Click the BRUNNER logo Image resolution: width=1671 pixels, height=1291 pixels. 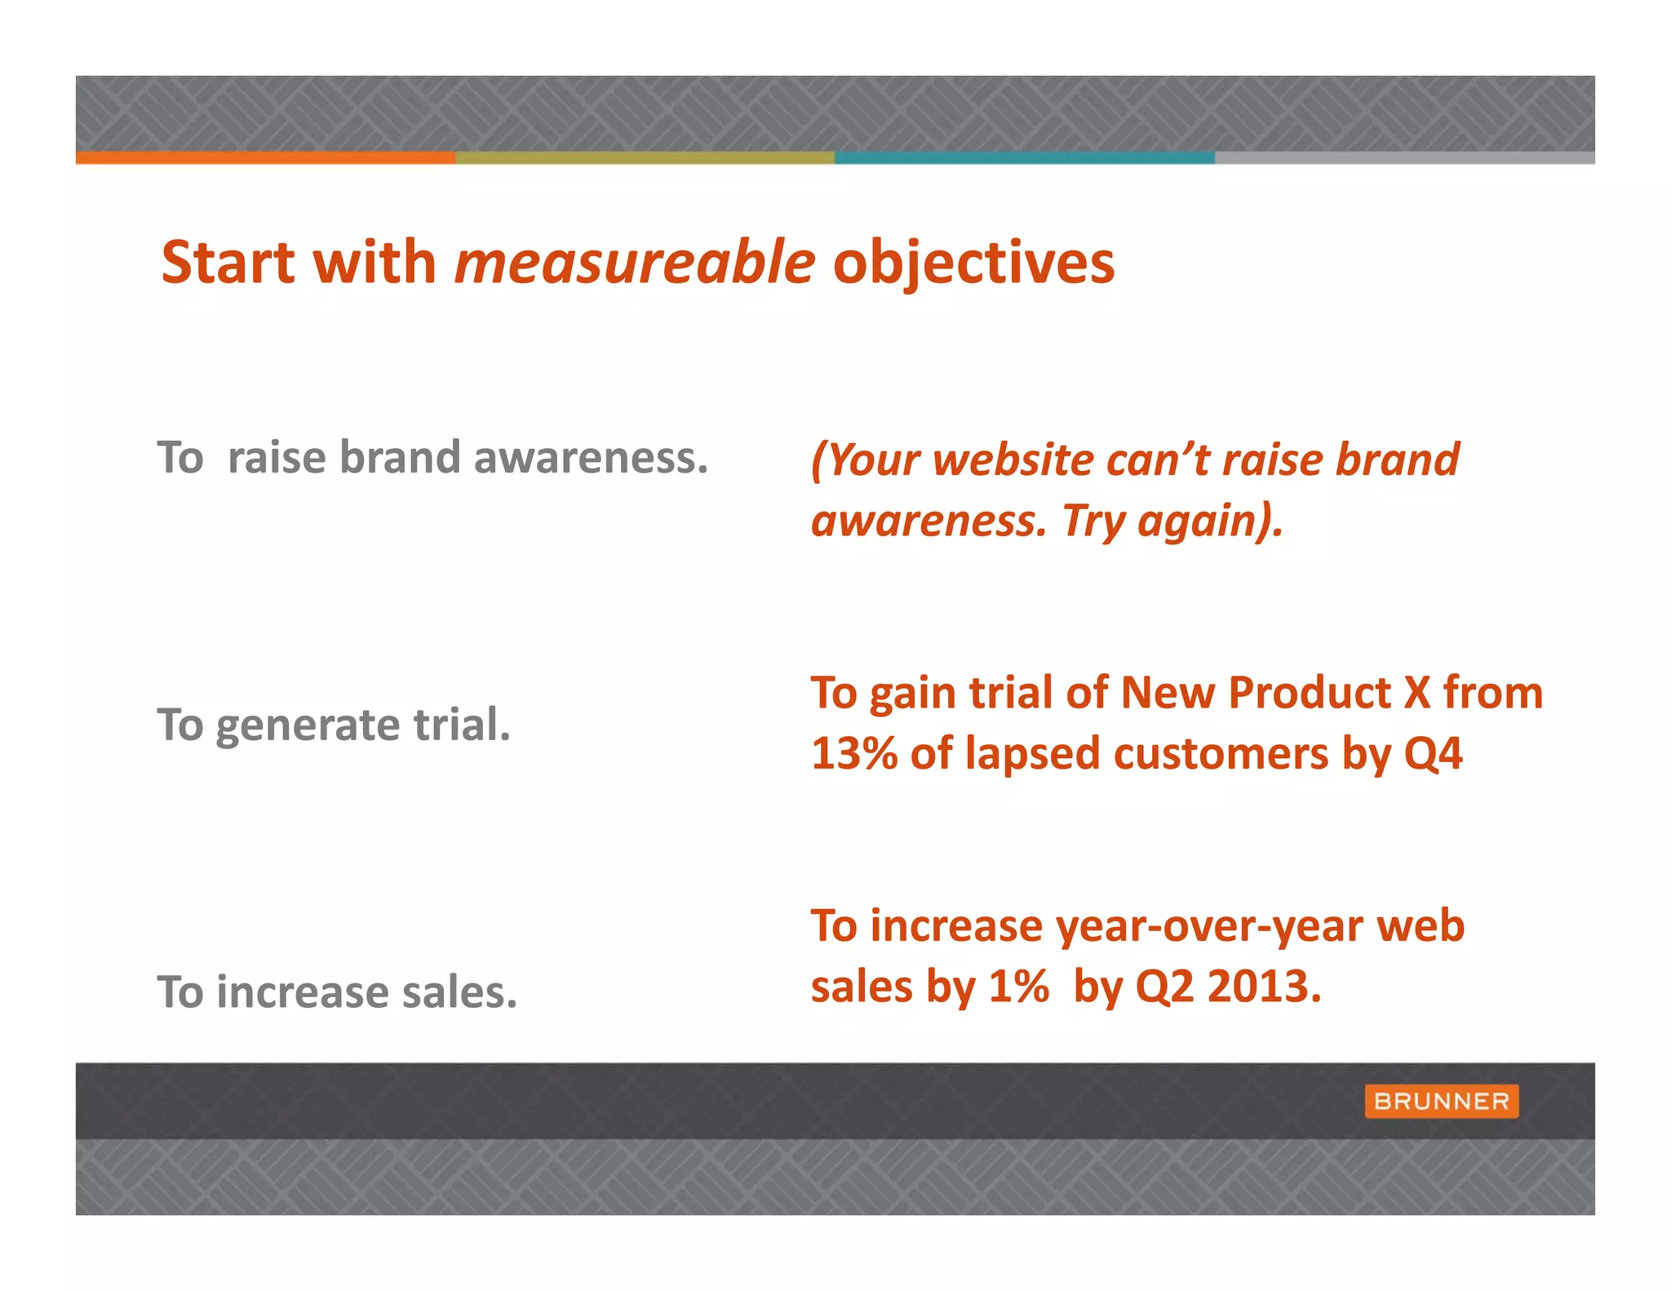coord(1441,1101)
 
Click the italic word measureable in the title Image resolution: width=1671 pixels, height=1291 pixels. coord(635,263)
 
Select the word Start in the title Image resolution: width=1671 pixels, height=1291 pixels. coord(228,263)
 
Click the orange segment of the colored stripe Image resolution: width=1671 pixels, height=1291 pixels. coord(265,157)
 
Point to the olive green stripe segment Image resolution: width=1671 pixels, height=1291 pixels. coord(645,157)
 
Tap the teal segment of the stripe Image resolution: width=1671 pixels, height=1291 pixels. coord(1024,157)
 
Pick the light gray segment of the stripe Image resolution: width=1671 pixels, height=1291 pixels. coord(1403,157)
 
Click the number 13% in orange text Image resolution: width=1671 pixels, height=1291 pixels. coord(853,753)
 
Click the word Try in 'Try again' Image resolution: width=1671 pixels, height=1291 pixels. coord(1093,521)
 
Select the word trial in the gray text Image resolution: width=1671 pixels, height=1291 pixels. coord(462,725)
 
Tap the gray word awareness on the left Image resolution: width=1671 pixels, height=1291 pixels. coord(591,458)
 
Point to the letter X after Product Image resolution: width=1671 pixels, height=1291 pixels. coord(1416,693)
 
